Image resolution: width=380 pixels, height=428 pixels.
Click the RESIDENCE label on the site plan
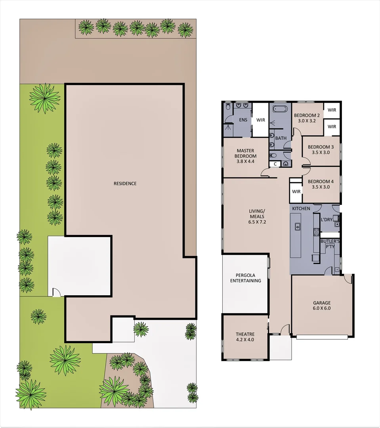(125, 183)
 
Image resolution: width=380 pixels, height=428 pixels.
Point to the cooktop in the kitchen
(316, 232)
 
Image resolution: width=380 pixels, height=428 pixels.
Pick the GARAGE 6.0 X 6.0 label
(322, 306)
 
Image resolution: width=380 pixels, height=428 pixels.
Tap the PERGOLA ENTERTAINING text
(248, 278)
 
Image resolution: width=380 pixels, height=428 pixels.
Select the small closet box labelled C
(274, 164)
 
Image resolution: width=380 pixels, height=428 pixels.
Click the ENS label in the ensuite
(243, 120)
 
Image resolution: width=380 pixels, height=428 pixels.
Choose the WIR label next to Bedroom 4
(296, 191)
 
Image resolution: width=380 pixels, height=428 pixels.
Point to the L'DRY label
(327, 219)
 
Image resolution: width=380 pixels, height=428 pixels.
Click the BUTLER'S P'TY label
(330, 243)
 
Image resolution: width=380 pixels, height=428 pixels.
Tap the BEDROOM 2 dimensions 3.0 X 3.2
(304, 121)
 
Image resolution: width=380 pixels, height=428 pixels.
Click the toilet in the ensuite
(228, 107)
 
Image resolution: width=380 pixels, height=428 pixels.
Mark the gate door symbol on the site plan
(55, 292)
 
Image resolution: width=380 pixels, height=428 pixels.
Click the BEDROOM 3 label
(321, 147)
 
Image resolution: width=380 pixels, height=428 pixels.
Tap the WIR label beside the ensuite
(260, 120)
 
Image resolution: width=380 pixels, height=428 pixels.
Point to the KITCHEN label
(301, 208)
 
